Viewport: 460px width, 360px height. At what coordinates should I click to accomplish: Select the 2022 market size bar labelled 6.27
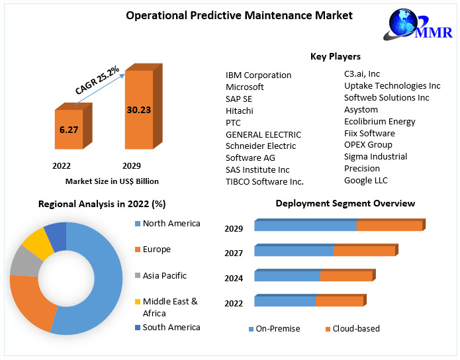[69, 130]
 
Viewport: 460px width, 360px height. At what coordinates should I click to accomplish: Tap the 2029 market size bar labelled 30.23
[139, 109]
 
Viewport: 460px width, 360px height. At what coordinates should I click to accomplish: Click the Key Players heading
[336, 56]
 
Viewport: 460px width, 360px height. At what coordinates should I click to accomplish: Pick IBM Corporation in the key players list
[258, 75]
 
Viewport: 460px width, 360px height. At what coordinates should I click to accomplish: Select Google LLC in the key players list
[366, 180]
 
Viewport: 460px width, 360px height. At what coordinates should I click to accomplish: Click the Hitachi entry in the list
[239, 111]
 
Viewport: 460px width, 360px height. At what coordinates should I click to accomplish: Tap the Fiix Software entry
[369, 133]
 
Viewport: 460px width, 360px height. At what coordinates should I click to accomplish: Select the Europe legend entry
[156, 249]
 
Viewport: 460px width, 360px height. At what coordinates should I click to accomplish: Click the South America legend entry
[171, 327]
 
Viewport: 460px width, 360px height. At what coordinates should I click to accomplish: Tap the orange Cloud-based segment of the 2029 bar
[389, 226]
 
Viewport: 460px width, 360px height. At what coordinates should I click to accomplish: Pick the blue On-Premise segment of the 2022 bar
[285, 301]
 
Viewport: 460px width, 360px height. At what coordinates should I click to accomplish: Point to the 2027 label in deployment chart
[234, 253]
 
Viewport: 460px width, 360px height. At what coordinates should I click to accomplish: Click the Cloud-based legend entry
[356, 329]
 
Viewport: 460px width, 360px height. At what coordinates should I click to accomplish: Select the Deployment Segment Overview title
[345, 203]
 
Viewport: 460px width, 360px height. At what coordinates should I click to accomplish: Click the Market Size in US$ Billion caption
[112, 181]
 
